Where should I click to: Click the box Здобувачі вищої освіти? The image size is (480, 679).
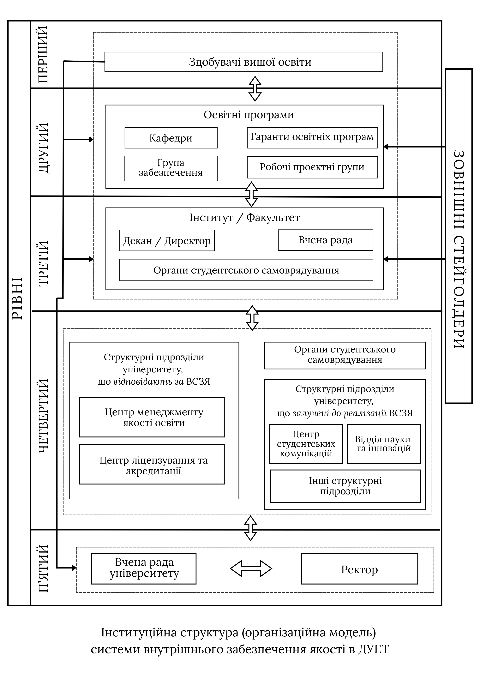coord(243,62)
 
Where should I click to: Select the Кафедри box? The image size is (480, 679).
coord(171,138)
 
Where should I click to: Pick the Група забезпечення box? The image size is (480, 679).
coord(171,168)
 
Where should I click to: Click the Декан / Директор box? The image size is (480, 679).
coord(167,240)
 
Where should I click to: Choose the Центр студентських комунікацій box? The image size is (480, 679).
coord(306,444)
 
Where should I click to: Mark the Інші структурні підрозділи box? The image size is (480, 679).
coord(345,486)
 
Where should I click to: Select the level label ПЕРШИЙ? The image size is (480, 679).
coord(43,55)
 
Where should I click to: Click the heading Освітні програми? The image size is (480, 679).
coord(249,115)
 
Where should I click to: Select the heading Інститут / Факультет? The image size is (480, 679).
coord(245,218)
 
